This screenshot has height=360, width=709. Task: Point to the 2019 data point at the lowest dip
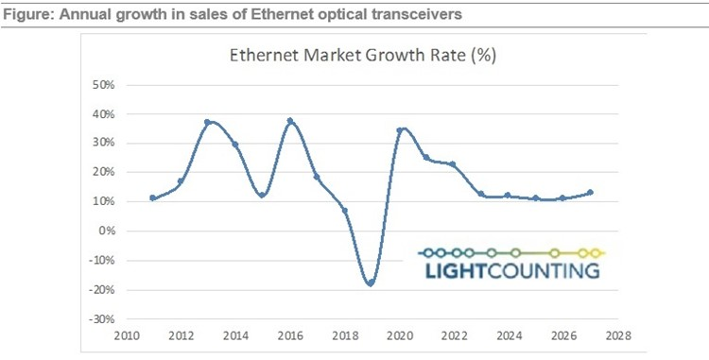point(371,283)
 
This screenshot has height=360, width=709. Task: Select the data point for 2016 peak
point(290,121)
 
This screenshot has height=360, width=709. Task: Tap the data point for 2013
point(207,122)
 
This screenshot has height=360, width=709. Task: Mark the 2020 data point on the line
point(400,130)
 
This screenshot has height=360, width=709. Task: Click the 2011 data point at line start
point(152,198)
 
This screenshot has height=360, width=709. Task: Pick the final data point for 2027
point(590,193)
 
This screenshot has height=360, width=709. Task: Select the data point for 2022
point(453,164)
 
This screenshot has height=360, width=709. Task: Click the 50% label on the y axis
point(101,85)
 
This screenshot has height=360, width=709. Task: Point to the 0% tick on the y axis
point(105,231)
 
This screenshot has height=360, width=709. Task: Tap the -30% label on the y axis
point(99,318)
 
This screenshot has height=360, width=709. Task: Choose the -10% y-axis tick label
point(99,261)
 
